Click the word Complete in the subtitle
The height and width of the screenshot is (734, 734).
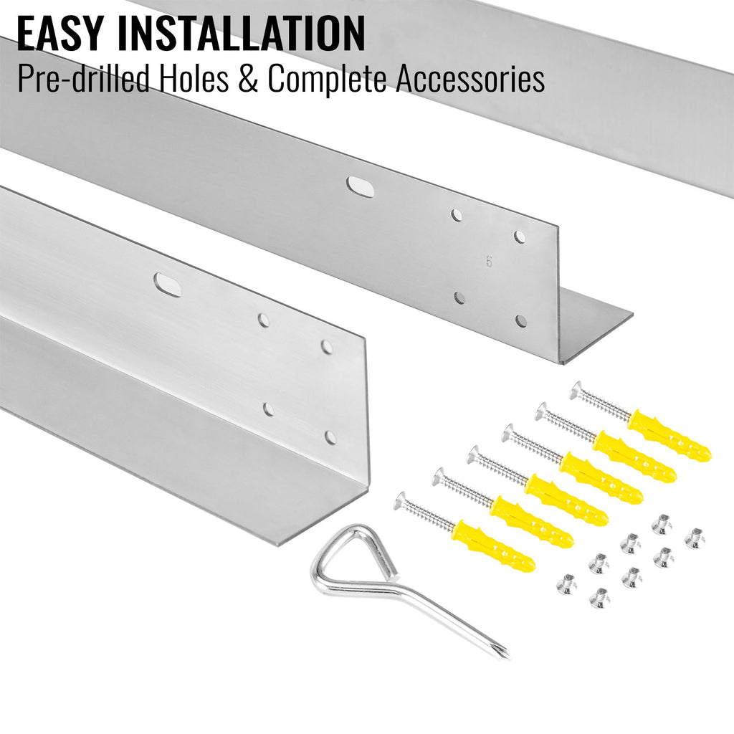pyautogui.click(x=327, y=79)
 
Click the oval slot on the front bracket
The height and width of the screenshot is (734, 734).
pyautogui.click(x=168, y=285)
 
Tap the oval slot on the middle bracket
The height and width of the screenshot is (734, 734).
pyautogui.click(x=360, y=186)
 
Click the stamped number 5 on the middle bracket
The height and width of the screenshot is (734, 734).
pyautogui.click(x=490, y=262)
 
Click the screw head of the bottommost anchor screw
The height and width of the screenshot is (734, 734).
pyautogui.click(x=403, y=501)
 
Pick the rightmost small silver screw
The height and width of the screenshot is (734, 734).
pyautogui.click(x=695, y=538)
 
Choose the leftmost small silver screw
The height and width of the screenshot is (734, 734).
pyautogui.click(x=566, y=584)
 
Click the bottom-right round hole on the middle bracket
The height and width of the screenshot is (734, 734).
pyautogui.click(x=520, y=320)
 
